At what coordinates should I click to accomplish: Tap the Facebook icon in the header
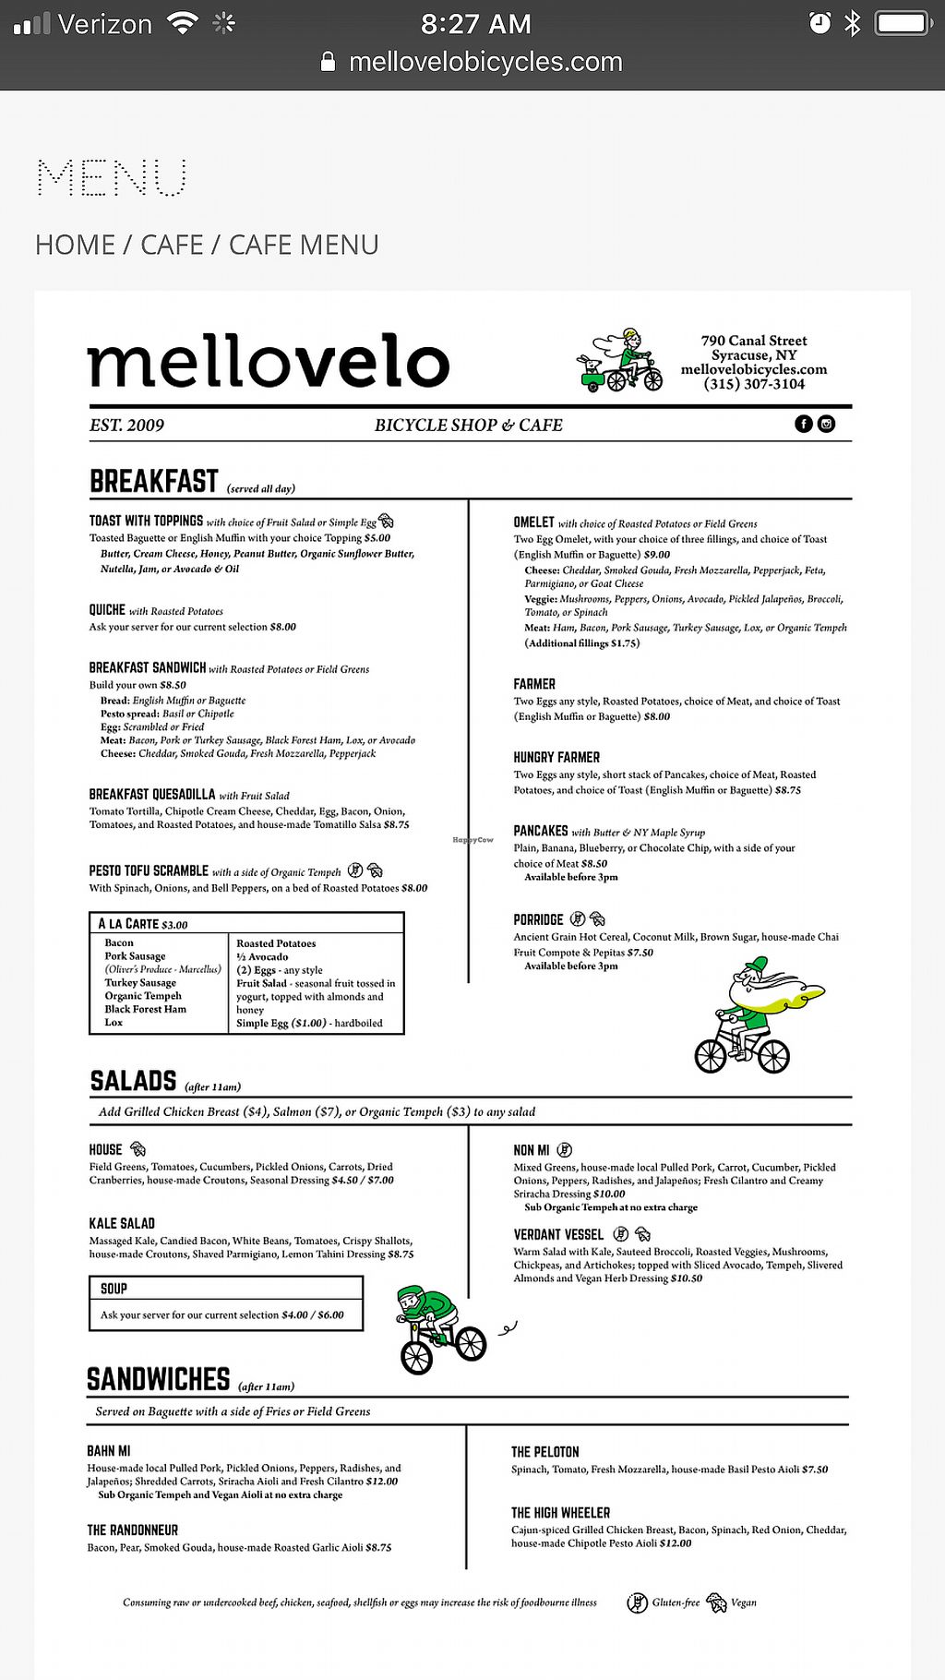click(804, 424)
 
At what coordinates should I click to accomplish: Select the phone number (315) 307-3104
click(754, 384)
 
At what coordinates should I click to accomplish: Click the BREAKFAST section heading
click(154, 482)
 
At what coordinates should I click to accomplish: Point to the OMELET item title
click(533, 522)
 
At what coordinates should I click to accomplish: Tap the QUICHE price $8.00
click(282, 627)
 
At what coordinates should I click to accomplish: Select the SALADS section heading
click(133, 1081)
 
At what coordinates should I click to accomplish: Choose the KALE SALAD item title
click(122, 1223)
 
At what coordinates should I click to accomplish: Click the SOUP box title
click(114, 1289)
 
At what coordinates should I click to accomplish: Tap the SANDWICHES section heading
click(158, 1379)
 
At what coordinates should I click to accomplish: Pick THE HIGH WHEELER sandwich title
click(560, 1513)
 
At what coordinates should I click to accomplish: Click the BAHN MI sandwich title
click(108, 1451)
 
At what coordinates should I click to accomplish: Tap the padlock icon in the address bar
click(328, 62)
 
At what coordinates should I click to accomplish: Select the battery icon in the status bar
click(902, 23)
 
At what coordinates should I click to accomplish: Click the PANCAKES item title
click(541, 831)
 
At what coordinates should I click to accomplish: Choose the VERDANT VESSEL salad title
click(558, 1234)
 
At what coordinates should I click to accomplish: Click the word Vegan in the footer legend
click(744, 1602)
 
